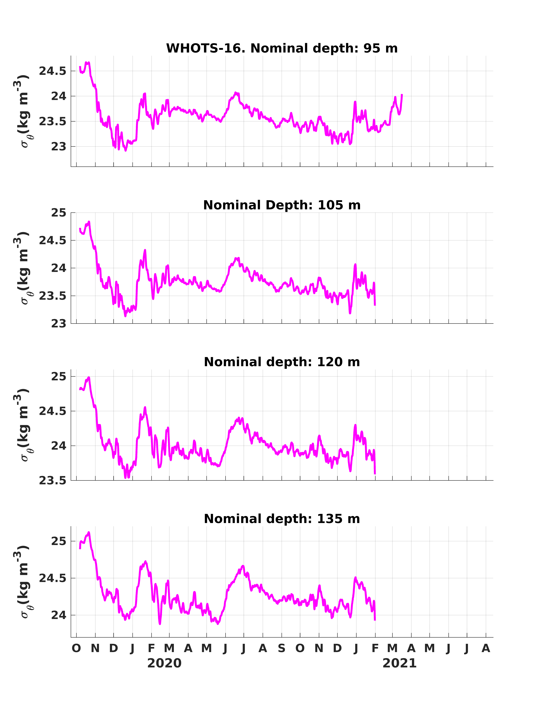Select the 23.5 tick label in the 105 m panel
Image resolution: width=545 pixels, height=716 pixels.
53,296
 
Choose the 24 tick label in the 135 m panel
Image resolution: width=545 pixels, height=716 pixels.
59,615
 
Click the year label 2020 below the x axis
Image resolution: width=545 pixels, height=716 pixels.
164,663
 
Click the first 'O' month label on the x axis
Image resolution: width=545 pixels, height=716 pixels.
76,648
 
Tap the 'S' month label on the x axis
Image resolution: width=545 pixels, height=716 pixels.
282,648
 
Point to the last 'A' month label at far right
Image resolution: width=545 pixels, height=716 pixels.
486,648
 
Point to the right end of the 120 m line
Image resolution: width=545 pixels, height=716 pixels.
375,474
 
